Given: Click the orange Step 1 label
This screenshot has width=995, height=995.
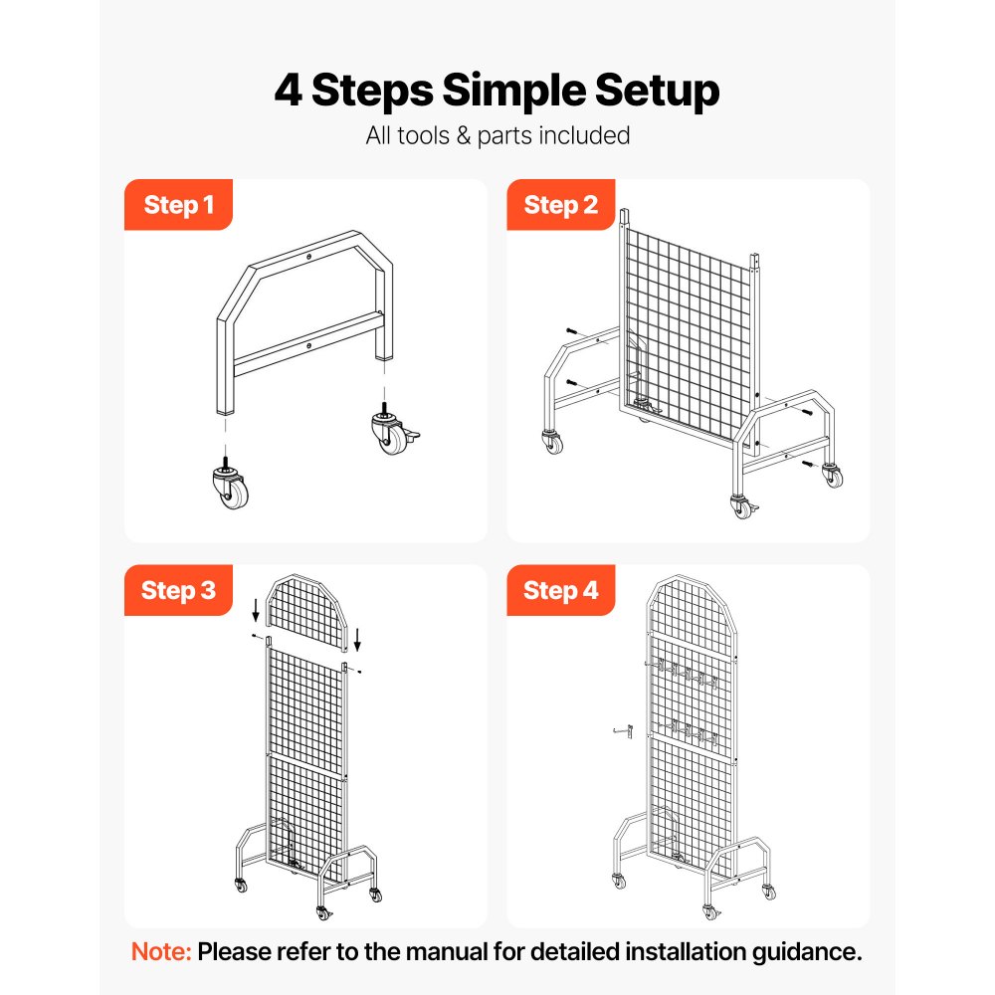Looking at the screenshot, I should coord(178,205).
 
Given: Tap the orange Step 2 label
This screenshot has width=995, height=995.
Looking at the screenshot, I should coord(561,205).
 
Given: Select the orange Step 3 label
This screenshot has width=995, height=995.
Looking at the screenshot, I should coord(178,590).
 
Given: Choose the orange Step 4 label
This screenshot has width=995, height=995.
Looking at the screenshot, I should coord(561,590).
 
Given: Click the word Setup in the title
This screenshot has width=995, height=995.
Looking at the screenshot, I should coord(656,91).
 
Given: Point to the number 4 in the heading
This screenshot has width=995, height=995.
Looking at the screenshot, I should coord(289,91).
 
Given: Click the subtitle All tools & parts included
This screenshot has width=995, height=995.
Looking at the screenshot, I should coord(497,135).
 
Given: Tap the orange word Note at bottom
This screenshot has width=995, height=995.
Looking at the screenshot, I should coord(161,951).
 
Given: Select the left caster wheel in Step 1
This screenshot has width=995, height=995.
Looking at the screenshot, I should coord(228,487).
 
